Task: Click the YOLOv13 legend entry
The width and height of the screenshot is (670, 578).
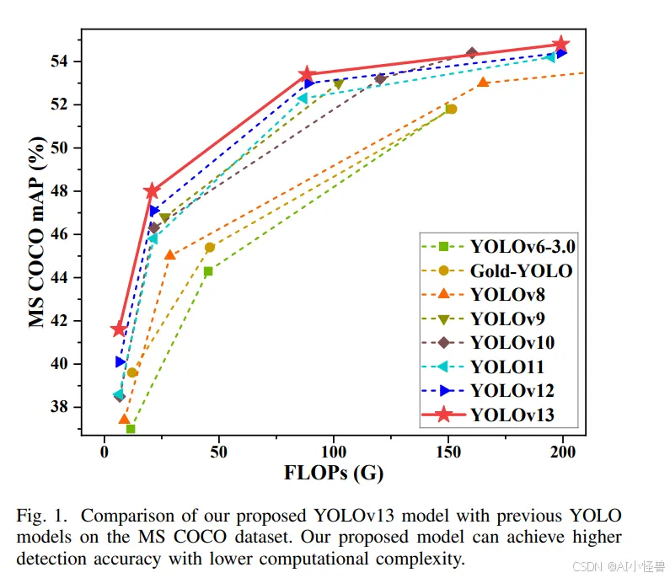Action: [512, 414]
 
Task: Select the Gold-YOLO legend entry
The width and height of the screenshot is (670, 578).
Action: [521, 271]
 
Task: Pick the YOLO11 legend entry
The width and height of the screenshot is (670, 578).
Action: [507, 367]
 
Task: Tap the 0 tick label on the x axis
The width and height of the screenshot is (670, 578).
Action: [105, 451]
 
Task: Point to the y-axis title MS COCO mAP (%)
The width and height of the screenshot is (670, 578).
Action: [36, 233]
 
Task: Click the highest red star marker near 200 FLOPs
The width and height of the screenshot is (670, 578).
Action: [560, 44]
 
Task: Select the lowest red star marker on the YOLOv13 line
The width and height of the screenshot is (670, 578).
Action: [119, 329]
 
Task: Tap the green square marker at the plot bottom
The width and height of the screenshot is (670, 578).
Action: [131, 429]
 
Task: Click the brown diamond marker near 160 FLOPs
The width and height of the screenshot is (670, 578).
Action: [472, 53]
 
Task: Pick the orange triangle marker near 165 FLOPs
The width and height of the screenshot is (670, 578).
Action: [483, 83]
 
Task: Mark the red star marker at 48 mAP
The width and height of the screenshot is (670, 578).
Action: [152, 191]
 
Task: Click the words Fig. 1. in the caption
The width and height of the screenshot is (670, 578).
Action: [40, 515]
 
